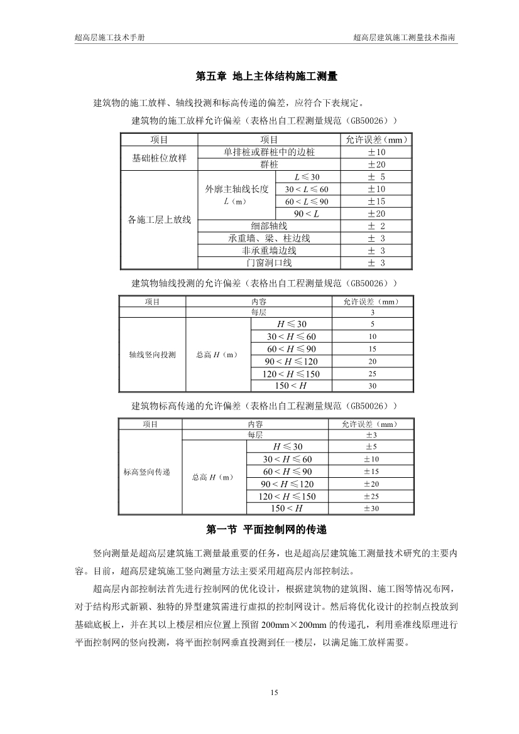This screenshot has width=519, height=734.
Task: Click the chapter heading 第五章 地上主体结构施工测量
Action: [267, 77]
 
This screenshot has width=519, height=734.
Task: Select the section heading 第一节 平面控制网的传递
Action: [267, 530]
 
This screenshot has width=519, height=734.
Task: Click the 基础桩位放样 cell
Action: [159, 158]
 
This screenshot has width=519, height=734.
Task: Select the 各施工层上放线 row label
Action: [159, 220]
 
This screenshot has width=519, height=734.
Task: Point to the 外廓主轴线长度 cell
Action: [237, 189]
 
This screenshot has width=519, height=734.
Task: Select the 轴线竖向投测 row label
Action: [152, 355]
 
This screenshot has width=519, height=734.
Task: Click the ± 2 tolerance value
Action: [376, 226]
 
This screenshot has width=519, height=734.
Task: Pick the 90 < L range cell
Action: [307, 213]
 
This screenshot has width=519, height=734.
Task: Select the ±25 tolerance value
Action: [371, 496]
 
